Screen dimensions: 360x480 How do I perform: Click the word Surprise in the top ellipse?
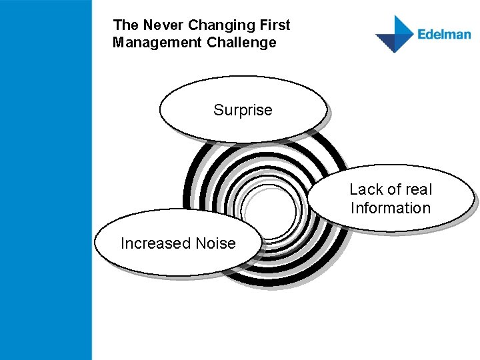coord(243,110)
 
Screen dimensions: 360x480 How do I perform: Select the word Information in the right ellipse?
coord(391,208)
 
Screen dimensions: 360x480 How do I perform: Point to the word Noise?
coord(215,243)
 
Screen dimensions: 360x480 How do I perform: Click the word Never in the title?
coord(162,25)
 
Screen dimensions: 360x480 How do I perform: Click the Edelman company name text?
coord(444,34)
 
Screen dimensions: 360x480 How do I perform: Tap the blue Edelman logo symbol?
coord(395,34)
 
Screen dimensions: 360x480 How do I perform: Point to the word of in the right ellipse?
coord(391,189)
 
